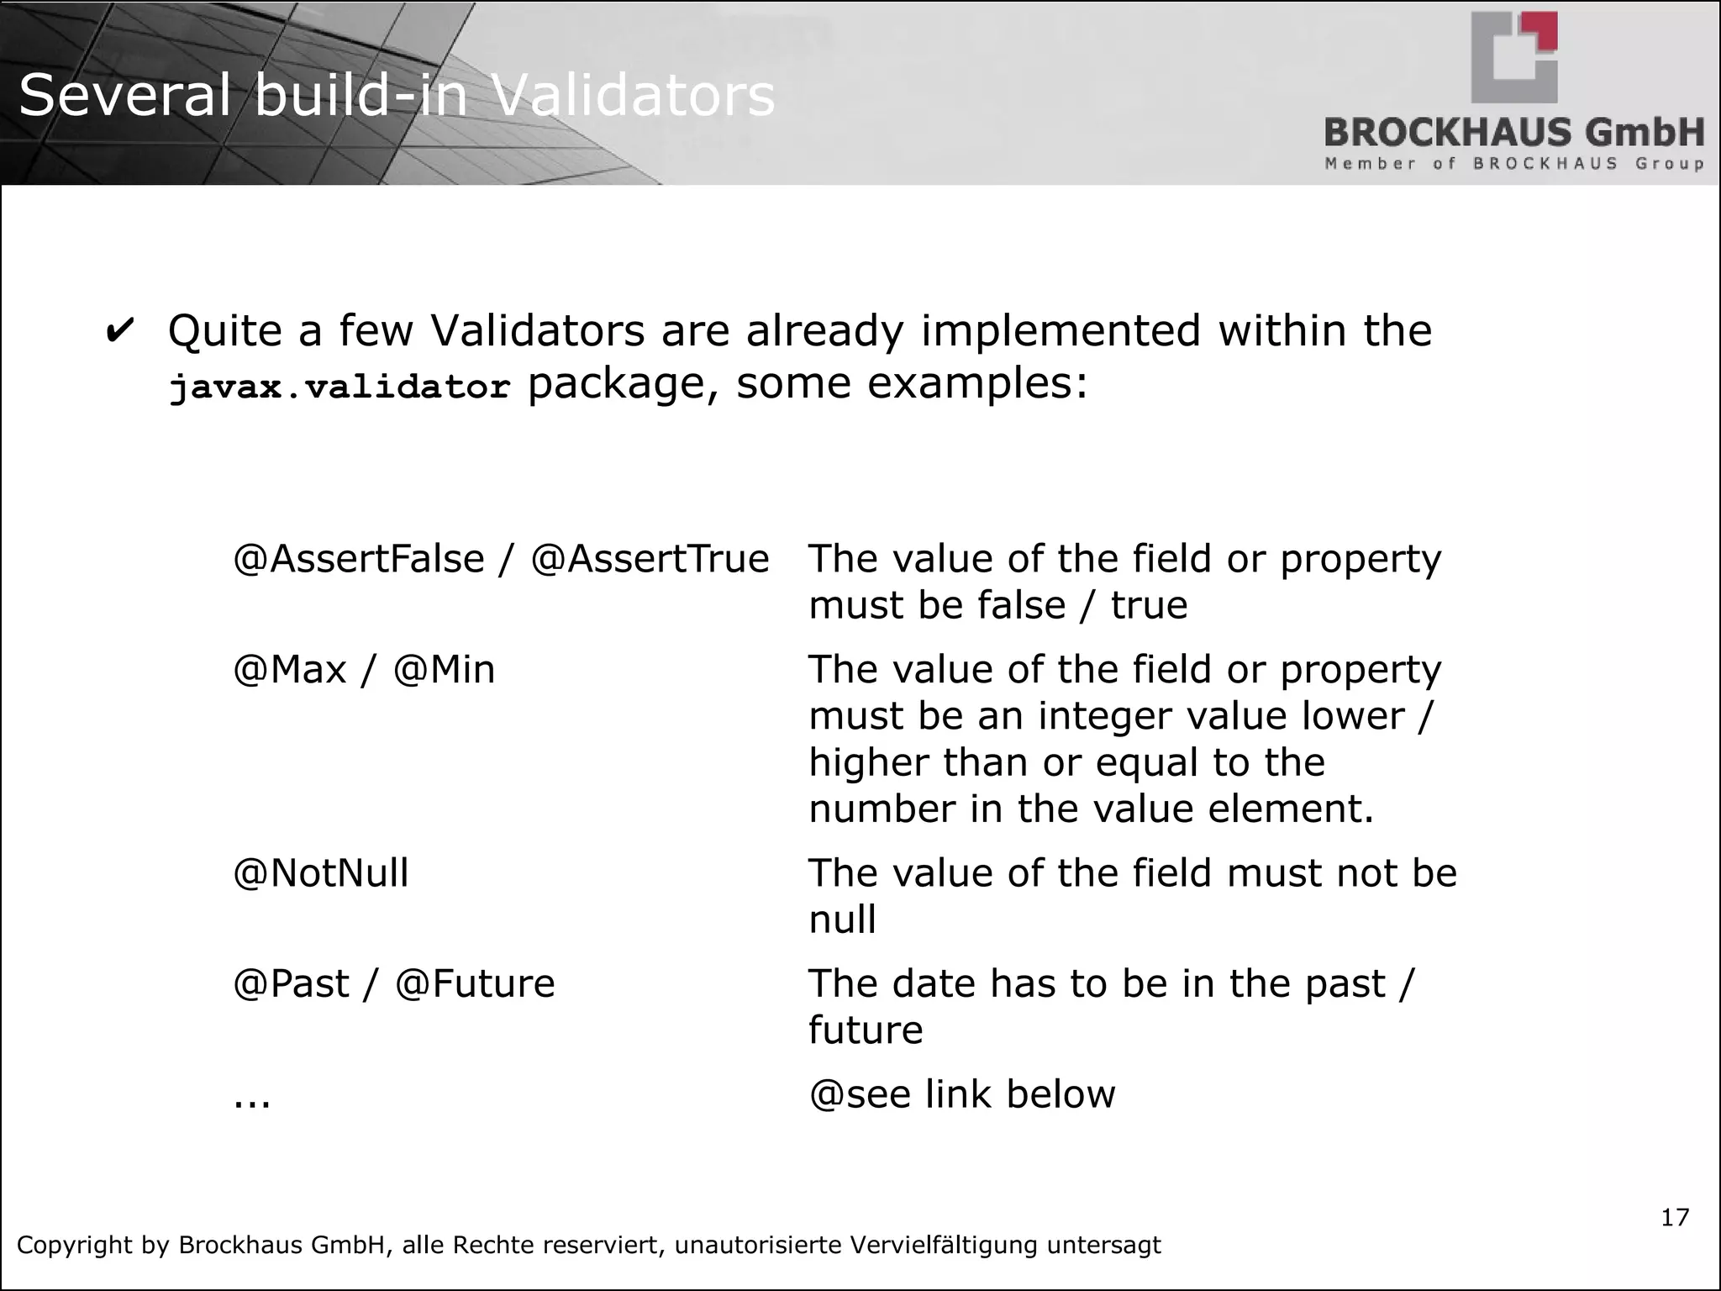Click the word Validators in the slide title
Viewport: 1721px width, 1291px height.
point(632,96)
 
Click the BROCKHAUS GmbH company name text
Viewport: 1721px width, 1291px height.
point(1513,134)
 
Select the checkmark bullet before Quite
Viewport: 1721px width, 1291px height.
point(120,331)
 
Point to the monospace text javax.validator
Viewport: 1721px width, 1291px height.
point(339,387)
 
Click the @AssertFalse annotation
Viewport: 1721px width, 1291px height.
point(359,560)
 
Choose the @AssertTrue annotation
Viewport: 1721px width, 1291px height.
point(650,560)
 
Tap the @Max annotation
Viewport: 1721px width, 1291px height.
point(289,671)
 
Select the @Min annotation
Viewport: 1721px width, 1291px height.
point(444,671)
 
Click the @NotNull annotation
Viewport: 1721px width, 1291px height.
point(320,874)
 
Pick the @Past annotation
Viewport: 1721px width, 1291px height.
point(291,984)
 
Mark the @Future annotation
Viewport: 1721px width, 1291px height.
point(475,984)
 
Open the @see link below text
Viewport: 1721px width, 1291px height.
point(961,1095)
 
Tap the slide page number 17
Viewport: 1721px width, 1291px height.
point(1674,1217)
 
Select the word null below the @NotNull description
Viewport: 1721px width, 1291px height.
point(842,920)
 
